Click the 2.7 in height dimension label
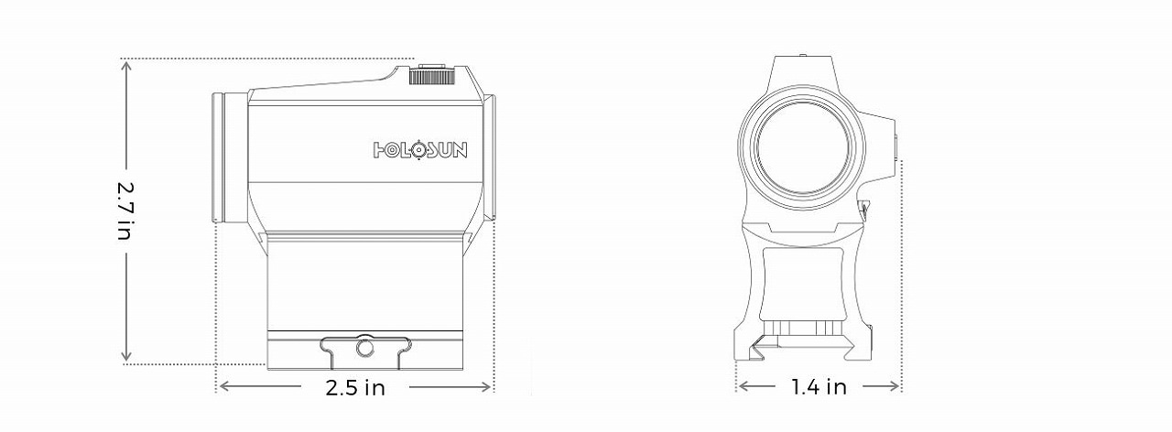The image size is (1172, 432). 125,210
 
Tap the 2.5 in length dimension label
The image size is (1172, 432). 355,387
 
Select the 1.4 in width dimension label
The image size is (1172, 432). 819,387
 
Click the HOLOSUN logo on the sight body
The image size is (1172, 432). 420,150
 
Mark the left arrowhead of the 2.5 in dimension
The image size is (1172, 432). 222,387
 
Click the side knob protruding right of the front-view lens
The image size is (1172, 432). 893,146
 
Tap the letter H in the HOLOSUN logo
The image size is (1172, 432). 381,150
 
